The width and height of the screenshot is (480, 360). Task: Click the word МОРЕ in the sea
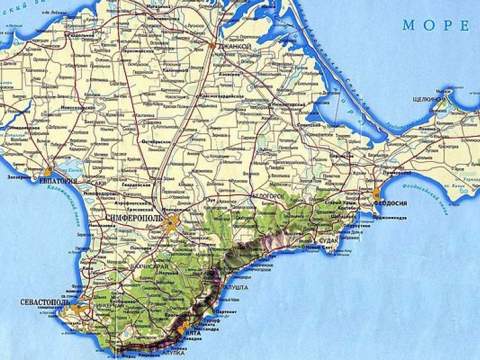coord(436,26)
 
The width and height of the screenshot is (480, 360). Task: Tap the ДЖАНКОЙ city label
coord(234,47)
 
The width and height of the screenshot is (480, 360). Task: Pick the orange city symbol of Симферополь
coord(171,224)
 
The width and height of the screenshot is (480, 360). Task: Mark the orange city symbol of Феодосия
coord(376,194)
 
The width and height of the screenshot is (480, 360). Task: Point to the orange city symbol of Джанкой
coord(214,46)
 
